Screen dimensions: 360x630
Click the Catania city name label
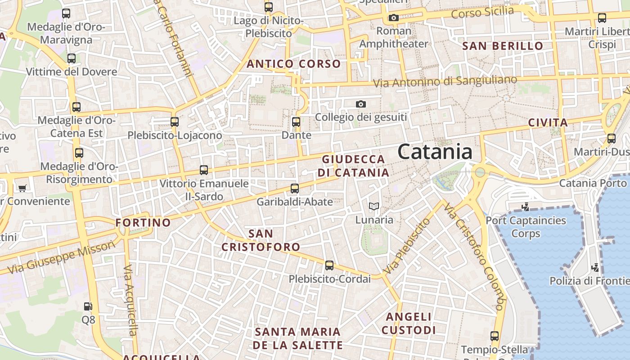tap(435, 152)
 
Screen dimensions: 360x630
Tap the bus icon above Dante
tap(296, 121)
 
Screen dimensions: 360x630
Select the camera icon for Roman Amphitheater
tap(393, 18)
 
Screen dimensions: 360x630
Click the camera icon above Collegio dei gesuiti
tap(360, 104)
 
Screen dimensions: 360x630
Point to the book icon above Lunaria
tap(373, 207)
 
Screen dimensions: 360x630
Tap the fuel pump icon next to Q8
tap(88, 306)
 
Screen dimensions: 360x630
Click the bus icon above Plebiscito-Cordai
tap(329, 265)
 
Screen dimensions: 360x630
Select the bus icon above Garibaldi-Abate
tap(295, 189)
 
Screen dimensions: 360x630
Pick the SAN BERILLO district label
tap(503, 46)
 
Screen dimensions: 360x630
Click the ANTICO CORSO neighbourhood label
tap(293, 64)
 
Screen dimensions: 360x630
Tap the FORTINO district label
tap(143, 222)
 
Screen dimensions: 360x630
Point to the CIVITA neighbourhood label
tap(548, 122)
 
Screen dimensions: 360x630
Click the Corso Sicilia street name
tap(482, 13)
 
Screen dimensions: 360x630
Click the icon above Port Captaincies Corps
tap(525, 207)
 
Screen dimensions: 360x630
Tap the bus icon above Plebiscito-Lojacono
tap(175, 121)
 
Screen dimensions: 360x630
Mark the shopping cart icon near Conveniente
tap(22, 188)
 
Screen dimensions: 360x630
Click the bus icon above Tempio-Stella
tap(494, 336)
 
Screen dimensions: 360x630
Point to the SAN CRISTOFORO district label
tap(261, 240)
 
